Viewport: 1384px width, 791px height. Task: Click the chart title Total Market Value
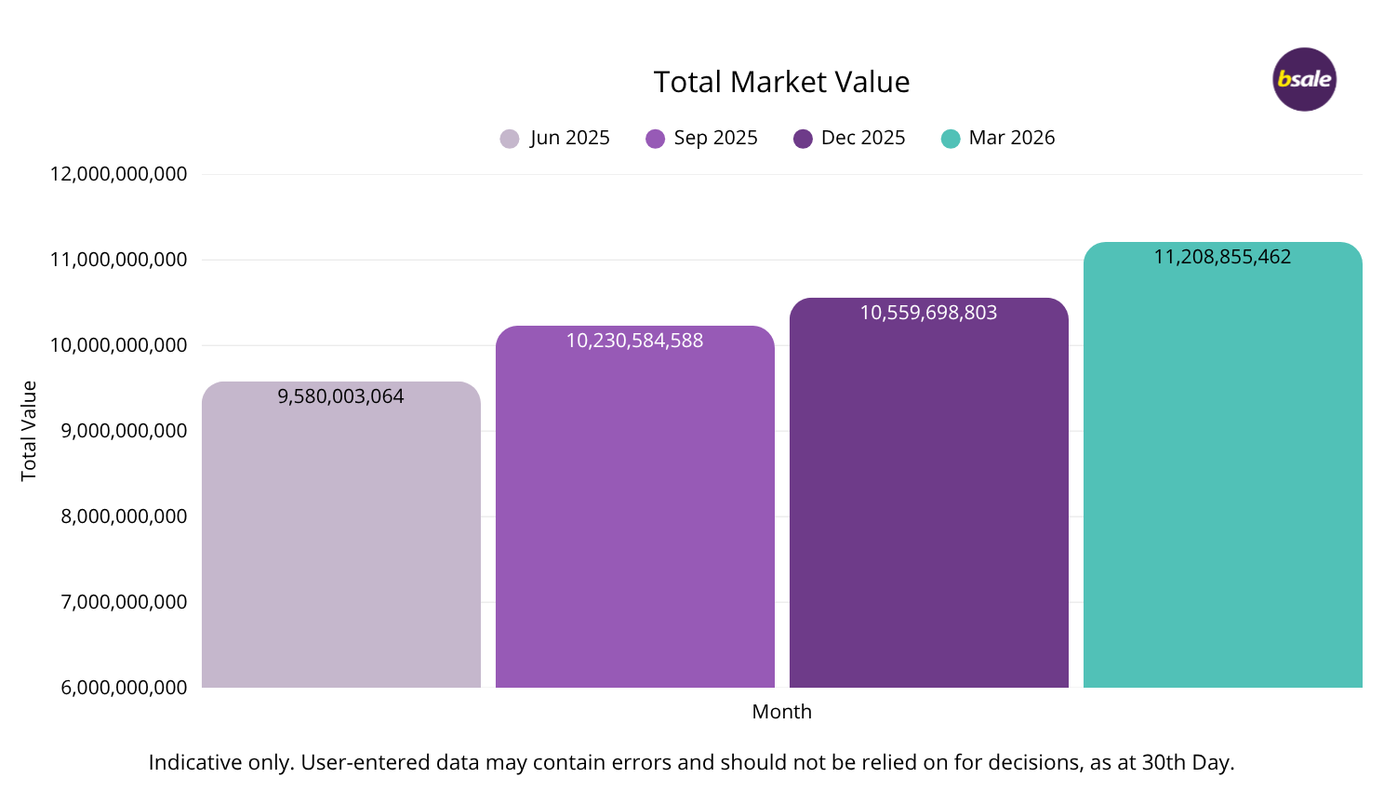click(781, 82)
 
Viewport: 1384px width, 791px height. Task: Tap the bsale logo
click(1304, 79)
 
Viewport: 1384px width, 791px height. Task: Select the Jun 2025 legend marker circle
click(510, 139)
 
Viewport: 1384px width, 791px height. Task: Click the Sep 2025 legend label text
click(715, 138)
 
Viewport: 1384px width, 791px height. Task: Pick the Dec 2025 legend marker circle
click(803, 139)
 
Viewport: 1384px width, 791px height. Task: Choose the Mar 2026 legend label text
click(1011, 138)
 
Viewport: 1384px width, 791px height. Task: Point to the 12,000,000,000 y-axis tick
click(118, 174)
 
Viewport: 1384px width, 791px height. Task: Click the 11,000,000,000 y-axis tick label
click(118, 260)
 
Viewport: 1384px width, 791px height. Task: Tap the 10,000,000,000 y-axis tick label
click(118, 345)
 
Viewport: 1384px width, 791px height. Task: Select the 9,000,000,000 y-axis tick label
click(124, 431)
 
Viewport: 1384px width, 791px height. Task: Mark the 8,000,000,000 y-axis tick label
click(124, 516)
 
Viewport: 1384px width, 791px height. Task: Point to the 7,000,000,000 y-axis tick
click(124, 602)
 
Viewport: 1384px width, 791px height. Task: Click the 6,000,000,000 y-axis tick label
click(124, 688)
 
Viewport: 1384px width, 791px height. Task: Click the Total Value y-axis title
click(29, 431)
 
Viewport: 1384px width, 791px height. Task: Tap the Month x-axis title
click(781, 712)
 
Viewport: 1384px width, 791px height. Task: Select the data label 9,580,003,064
click(340, 396)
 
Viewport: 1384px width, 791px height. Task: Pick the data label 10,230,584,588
click(634, 341)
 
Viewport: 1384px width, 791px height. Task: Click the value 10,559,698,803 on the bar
click(928, 313)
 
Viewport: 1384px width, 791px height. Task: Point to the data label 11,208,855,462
click(1222, 257)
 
